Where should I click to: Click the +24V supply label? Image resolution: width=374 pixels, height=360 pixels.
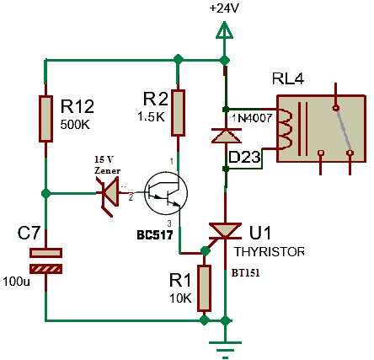point(224,8)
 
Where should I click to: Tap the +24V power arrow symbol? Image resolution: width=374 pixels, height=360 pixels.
point(224,30)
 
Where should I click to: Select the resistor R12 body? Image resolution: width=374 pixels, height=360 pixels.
point(45,119)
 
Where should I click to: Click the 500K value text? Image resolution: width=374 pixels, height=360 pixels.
point(75,124)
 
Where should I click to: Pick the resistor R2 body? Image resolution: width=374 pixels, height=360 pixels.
point(178,113)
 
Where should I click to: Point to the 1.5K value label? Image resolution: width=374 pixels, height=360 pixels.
point(151,116)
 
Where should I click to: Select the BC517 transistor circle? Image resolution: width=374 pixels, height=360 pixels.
point(166,194)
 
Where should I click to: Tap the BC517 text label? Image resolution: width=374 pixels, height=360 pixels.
point(155,235)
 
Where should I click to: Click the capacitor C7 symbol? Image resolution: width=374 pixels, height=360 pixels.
point(45,261)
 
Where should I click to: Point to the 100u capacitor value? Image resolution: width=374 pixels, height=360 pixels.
point(16,282)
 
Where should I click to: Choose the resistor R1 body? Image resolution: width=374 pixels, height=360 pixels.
point(204,288)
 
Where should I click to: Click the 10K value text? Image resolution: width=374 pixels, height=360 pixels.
point(180,298)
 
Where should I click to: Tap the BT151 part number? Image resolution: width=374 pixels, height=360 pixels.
point(245,273)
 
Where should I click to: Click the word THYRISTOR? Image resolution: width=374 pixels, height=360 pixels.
point(270,252)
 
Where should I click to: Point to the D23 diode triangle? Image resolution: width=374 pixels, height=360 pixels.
point(226,136)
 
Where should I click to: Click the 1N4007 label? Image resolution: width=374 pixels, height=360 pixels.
point(252,118)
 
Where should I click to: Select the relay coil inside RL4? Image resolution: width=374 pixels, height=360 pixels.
point(285,129)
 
